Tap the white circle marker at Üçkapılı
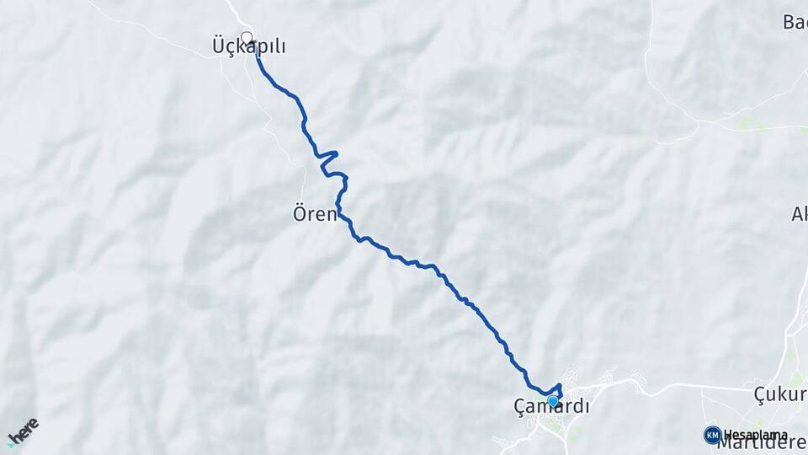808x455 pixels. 247,37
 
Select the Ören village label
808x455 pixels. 315,214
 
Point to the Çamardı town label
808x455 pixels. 551,407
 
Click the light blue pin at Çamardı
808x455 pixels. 553,401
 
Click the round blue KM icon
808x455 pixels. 712,435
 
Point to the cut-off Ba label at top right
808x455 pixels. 795,23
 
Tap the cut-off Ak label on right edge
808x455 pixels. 799,214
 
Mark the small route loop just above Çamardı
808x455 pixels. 557,389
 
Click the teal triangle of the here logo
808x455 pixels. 11,442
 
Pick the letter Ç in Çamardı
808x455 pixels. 519,407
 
